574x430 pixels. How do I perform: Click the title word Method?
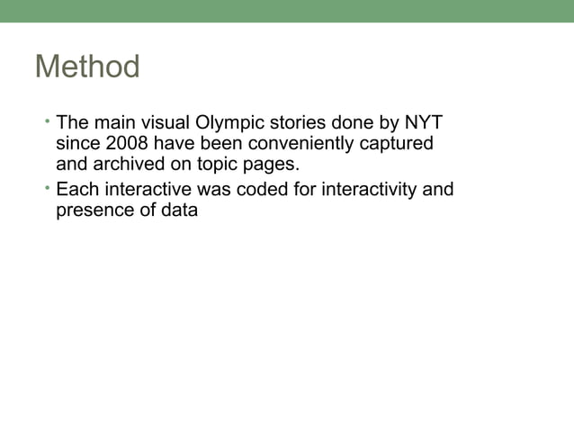87,67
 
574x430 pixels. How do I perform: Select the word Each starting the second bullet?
76,190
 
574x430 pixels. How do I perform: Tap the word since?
76,144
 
